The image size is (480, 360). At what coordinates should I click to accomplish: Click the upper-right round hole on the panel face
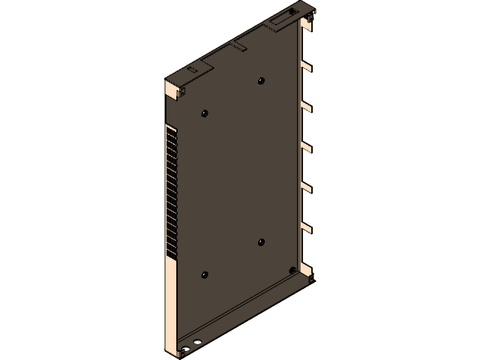[260, 80]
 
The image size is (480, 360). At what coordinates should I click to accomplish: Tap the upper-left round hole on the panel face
[204, 113]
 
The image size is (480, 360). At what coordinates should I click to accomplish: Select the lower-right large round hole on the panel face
[261, 241]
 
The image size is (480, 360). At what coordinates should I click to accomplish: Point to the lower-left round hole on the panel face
[204, 274]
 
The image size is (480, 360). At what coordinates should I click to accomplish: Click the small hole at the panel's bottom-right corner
[292, 271]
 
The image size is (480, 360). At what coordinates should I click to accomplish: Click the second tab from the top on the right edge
[306, 106]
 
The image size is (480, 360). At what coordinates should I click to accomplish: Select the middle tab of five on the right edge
[306, 146]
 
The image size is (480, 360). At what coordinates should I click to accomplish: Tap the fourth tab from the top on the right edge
[306, 186]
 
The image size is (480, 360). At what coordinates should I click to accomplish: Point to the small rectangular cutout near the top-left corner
[192, 69]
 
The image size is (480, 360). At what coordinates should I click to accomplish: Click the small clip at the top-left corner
[181, 91]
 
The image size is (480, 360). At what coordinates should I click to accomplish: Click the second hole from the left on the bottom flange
[196, 343]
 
